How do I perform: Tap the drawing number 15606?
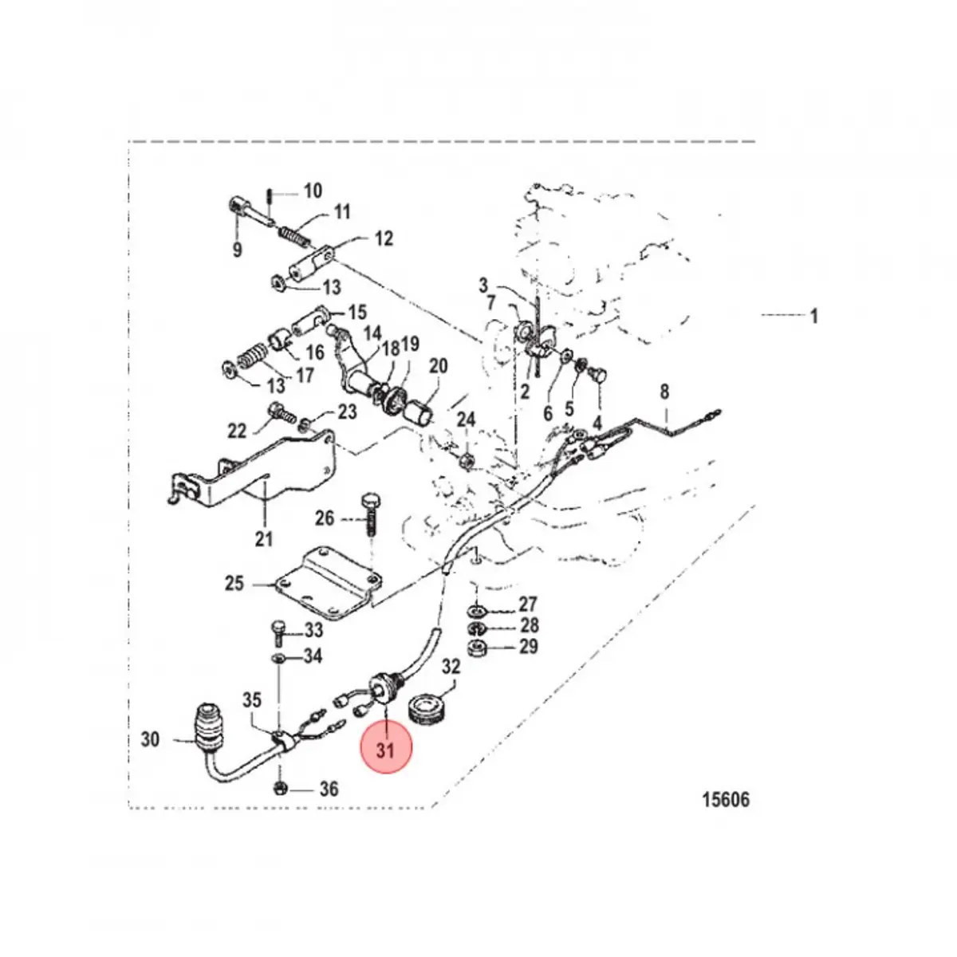726,799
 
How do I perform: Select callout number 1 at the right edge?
813,317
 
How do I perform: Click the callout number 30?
151,739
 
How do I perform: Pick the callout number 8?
664,392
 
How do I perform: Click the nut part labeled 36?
281,789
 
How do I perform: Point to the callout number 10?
312,191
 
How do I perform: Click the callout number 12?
384,238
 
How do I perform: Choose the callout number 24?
466,420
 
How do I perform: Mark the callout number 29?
528,646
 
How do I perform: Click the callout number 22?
237,431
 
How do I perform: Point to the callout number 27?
528,604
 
